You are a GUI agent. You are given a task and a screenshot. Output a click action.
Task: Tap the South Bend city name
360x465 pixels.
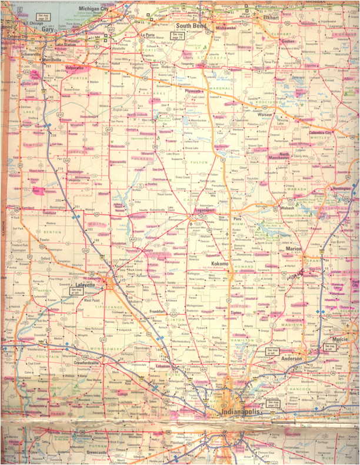tap(189, 26)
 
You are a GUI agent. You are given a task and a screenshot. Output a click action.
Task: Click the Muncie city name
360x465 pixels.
tap(341, 339)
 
